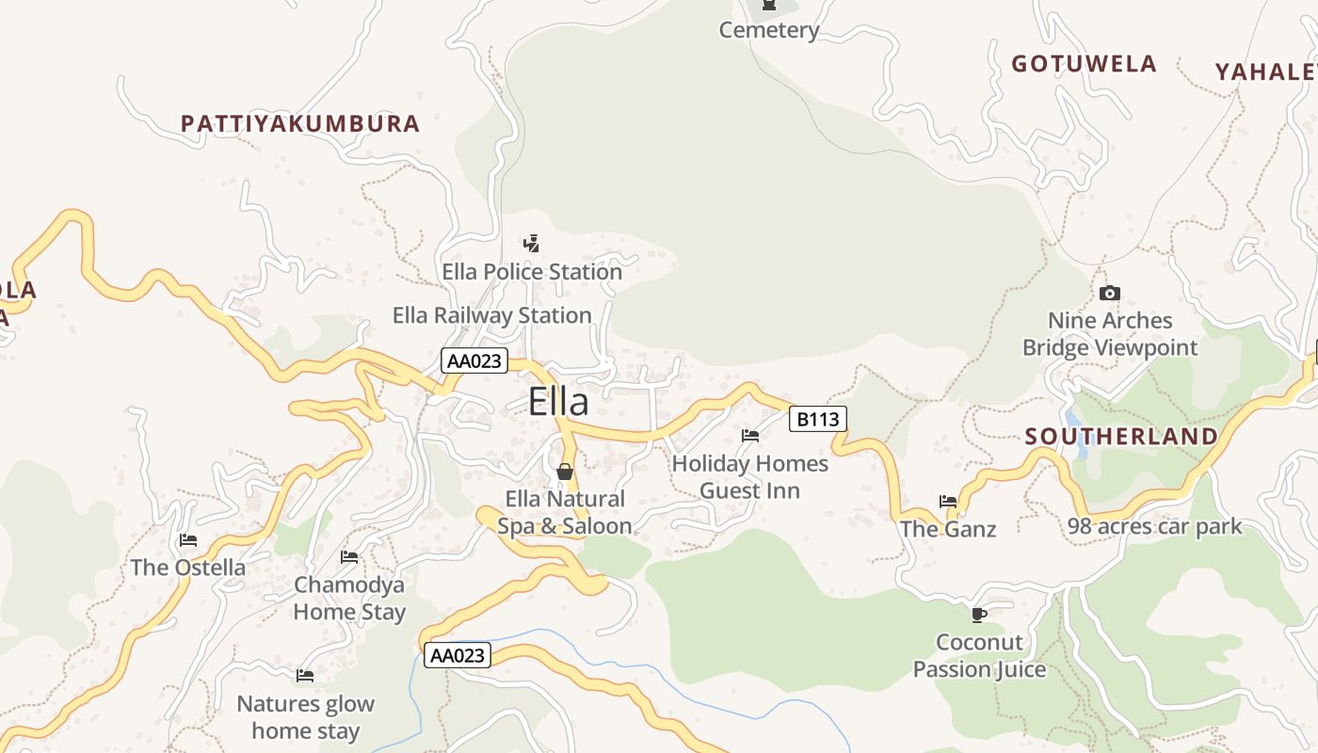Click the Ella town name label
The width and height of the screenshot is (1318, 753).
(558, 402)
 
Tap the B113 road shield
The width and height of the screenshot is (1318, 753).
(817, 419)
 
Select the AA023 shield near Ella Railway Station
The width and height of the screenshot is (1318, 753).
(474, 360)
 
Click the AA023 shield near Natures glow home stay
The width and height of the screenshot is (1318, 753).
(457, 655)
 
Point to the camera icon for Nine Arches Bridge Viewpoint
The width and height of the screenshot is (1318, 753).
(1110, 293)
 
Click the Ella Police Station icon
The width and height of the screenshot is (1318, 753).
(531, 244)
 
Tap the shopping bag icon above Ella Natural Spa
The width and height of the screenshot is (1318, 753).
(565, 471)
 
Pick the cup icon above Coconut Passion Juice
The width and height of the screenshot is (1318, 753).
(979, 615)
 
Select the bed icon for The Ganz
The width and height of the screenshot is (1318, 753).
(948, 501)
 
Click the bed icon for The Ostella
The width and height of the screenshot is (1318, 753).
(188, 539)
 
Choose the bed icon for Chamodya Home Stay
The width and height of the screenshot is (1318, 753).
(349, 556)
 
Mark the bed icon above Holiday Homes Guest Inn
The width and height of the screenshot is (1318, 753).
(750, 435)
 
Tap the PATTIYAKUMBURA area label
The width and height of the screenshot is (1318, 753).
(299, 123)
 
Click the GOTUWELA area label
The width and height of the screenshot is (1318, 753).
(1084, 64)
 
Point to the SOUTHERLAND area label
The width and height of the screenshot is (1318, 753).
(1121, 437)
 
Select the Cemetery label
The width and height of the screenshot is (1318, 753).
(768, 30)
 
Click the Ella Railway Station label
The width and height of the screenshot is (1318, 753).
(491, 315)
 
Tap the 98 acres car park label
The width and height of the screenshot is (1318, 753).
(1154, 526)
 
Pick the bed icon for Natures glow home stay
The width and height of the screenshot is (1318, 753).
(305, 675)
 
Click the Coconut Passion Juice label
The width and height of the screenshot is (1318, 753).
(979, 656)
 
